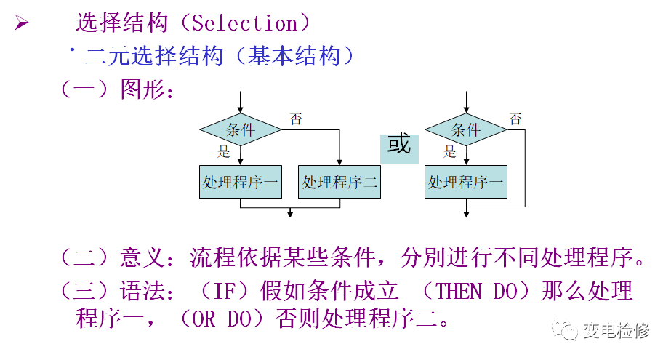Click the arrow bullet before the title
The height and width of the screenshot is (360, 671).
coord(21,23)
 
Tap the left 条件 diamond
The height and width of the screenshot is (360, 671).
coord(241,130)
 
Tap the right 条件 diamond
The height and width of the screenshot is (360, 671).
coord(466,130)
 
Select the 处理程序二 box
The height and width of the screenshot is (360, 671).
coord(339,182)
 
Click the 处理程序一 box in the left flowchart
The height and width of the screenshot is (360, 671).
coord(241,182)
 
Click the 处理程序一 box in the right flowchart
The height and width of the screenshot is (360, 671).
coord(466,182)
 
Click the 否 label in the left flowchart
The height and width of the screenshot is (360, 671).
coord(295,119)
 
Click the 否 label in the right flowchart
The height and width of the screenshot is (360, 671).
coord(515,119)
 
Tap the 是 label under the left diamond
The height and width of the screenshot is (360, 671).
coord(224,152)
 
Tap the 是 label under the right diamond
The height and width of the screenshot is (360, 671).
coord(450,152)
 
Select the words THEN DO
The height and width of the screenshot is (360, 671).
coord(475,292)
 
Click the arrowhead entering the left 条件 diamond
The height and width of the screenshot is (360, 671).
coord(241,110)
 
